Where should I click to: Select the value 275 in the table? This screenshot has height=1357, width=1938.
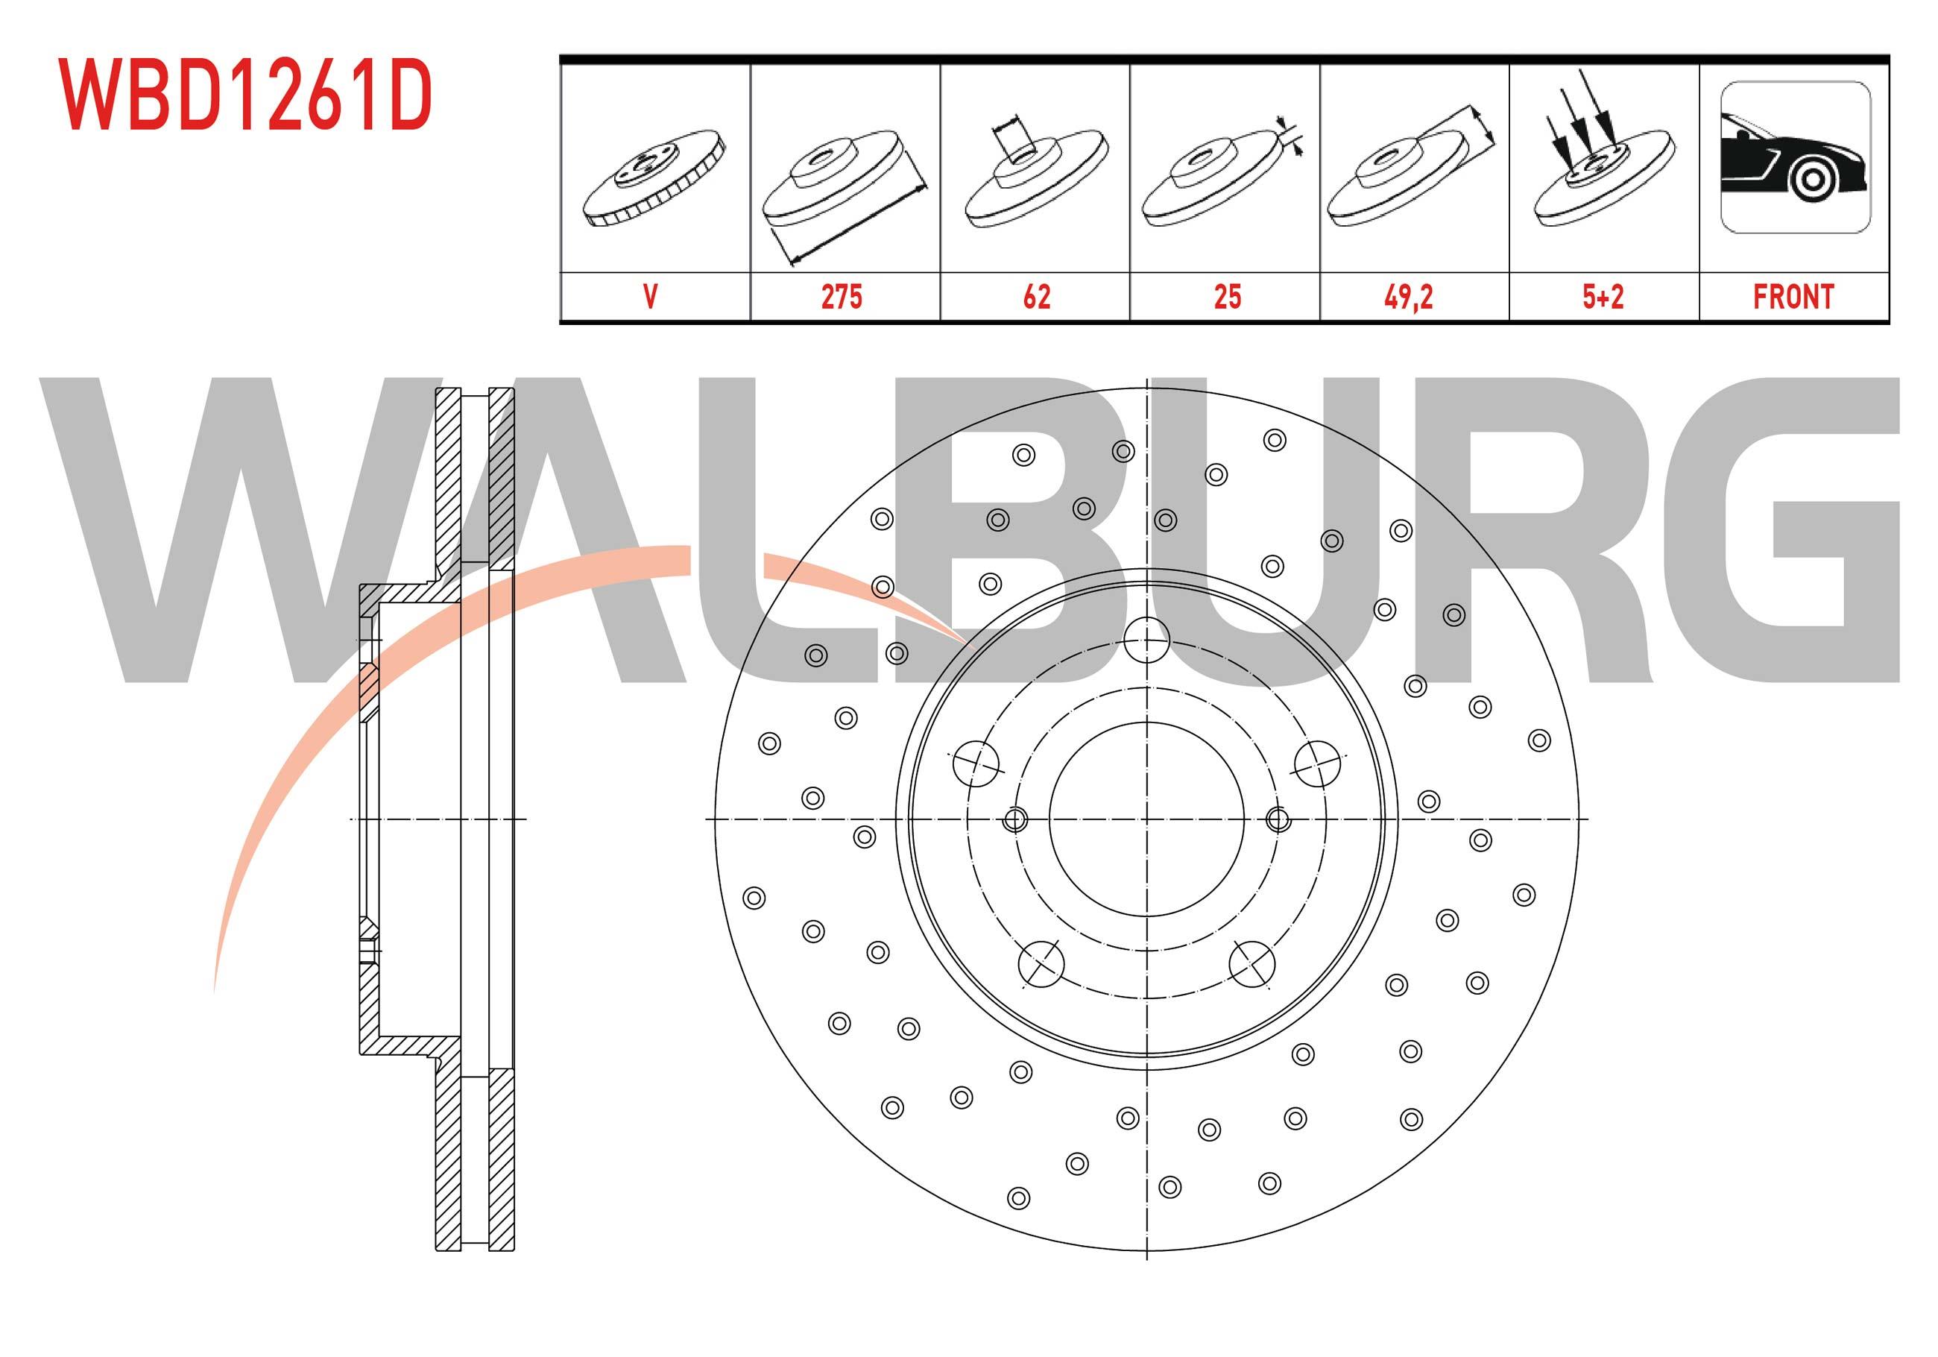(x=842, y=297)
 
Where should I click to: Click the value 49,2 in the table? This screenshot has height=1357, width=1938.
(x=1408, y=297)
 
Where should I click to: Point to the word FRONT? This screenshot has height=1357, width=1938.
(x=1793, y=297)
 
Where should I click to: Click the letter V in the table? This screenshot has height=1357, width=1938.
(x=650, y=297)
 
